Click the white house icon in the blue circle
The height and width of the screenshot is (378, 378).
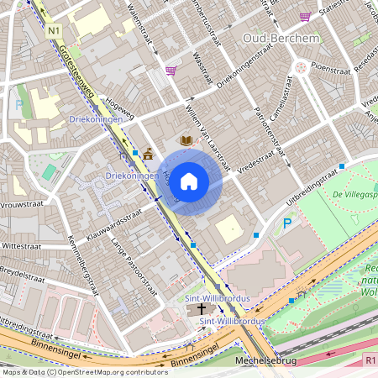click(x=189, y=181)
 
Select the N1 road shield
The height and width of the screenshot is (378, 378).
click(x=55, y=31)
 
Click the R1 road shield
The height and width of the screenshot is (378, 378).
click(x=370, y=359)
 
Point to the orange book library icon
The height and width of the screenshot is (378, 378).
click(x=186, y=141)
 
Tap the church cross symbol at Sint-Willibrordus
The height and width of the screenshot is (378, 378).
click(x=202, y=309)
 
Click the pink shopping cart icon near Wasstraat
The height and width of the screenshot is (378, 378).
click(x=171, y=71)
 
